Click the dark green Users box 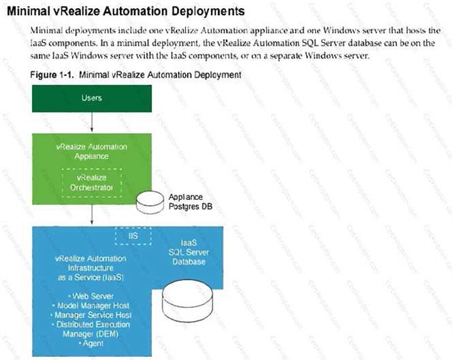pyautogui.click(x=92, y=98)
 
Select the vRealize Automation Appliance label pyautogui.click(x=92, y=151)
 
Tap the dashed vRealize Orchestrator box pyautogui.click(x=92, y=182)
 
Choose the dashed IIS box pyautogui.click(x=134, y=236)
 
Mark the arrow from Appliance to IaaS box pyautogui.click(x=92, y=214)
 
